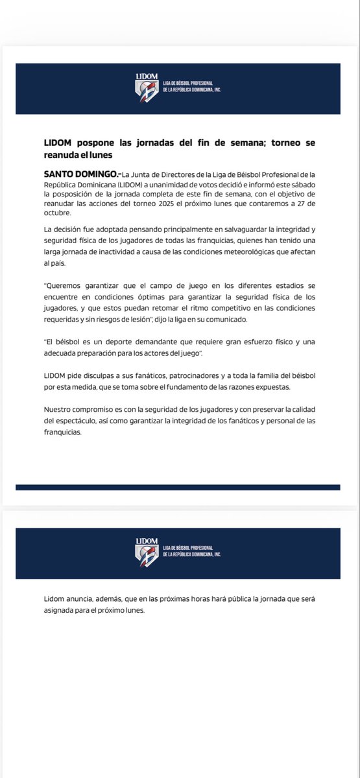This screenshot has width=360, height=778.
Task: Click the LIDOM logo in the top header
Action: tap(147, 88)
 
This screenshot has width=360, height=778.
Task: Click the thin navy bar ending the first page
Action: tap(178, 487)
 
